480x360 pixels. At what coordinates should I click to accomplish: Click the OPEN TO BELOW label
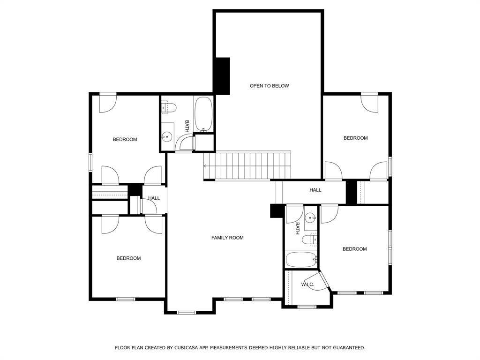[269, 86]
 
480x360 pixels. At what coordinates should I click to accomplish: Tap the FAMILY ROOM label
[227, 238]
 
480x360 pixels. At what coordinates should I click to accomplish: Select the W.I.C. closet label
[307, 285]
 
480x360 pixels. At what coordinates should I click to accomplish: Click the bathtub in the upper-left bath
[203, 114]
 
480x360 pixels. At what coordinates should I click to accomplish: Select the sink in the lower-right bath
[310, 217]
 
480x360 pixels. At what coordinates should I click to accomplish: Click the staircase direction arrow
[205, 165]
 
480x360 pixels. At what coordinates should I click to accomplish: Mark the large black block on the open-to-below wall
[222, 75]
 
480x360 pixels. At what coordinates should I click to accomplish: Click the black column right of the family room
[276, 211]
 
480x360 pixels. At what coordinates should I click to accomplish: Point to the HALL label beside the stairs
[315, 190]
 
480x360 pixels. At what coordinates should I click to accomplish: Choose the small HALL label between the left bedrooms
[154, 198]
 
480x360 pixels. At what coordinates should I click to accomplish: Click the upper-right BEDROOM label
[355, 138]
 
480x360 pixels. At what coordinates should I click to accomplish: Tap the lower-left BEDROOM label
[128, 258]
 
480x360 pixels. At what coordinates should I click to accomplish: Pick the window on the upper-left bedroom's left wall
[90, 162]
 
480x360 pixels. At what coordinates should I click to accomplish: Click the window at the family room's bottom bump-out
[187, 312]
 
